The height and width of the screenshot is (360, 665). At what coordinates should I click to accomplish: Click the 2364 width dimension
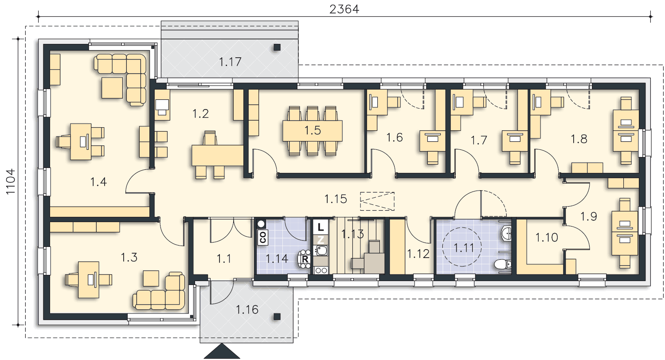[x=344, y=9]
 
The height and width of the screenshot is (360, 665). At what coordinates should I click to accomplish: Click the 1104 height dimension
[x=11, y=182]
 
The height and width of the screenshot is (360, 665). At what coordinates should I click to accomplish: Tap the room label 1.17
[x=230, y=62]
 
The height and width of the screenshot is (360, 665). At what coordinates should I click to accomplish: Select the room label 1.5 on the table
[x=313, y=130]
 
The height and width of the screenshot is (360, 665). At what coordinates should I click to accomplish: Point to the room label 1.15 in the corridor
[x=336, y=199]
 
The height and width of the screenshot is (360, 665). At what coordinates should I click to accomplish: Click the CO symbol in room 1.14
[x=263, y=237]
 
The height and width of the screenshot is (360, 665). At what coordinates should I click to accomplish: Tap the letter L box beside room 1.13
[x=321, y=227]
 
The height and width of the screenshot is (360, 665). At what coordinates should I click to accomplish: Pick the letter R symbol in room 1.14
[x=305, y=259]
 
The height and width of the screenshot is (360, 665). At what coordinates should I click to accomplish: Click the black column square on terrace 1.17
[x=277, y=47]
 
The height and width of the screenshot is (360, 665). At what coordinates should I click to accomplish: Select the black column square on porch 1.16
[x=277, y=317]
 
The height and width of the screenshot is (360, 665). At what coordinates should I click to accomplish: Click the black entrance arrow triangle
[x=222, y=352]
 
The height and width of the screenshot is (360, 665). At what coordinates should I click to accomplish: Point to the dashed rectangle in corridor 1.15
[x=377, y=201]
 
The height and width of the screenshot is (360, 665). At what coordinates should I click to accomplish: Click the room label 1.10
[x=547, y=238]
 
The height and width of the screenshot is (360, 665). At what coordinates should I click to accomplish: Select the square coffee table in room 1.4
[x=112, y=88]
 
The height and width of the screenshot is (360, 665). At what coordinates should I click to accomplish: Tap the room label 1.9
[x=589, y=216]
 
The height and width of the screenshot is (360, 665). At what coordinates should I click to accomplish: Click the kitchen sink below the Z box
[x=321, y=250]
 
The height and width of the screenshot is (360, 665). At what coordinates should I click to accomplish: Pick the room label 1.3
[x=129, y=257]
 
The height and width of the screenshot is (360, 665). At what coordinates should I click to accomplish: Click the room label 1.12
[x=419, y=254]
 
